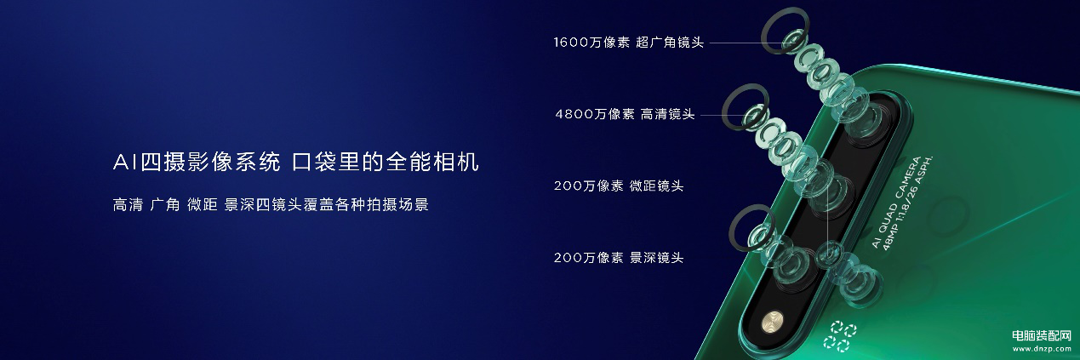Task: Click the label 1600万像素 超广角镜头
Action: coord(628,43)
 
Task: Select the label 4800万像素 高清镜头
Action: coord(625,114)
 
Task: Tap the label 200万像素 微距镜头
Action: coord(619,186)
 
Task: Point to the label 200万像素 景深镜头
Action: coord(619,258)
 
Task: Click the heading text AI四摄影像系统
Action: coord(197,162)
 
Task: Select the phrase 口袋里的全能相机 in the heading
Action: coord(386,162)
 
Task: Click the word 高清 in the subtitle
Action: coord(128,205)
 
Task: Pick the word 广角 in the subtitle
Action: coord(165,205)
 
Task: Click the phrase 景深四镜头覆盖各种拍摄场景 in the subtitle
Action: coord(327,205)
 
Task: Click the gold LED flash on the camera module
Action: coord(773,322)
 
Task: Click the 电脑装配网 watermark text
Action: coord(1042,336)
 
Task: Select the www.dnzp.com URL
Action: coord(1042,349)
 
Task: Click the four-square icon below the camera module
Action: coord(840,336)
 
